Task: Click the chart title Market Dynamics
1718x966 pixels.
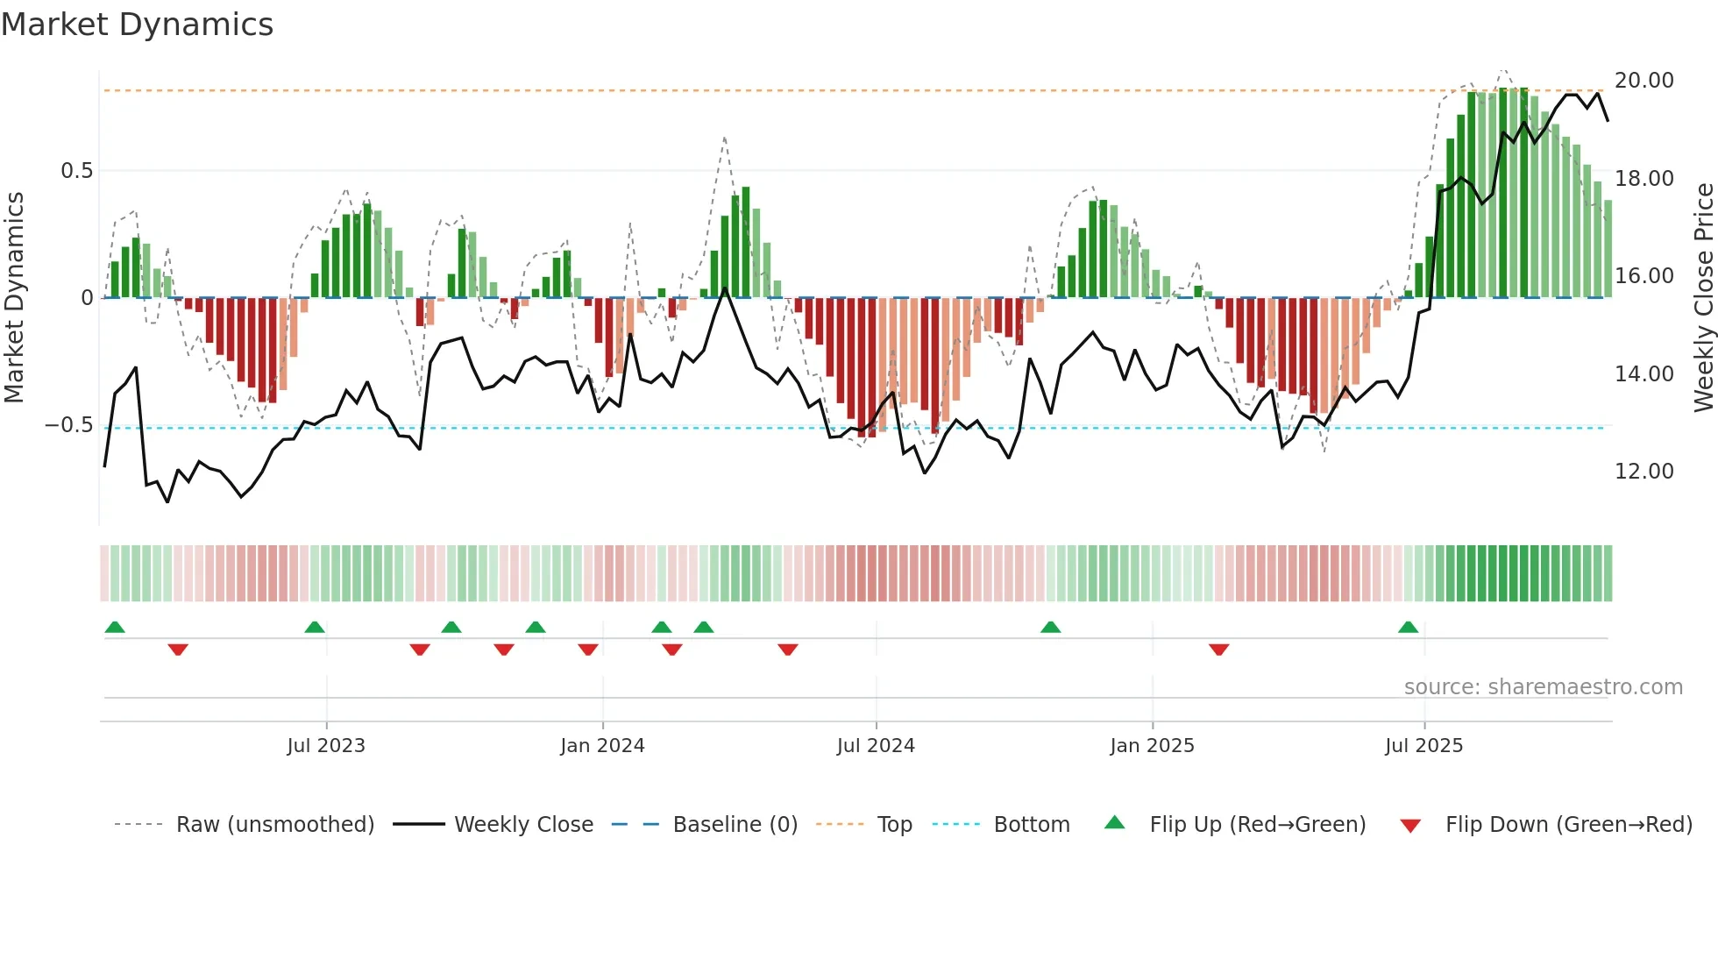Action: coord(137,25)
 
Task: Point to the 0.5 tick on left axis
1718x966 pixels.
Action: coord(76,171)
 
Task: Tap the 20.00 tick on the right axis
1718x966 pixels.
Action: coord(1643,81)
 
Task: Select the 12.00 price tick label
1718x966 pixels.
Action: coord(1643,472)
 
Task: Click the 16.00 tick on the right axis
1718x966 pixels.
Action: coord(1643,276)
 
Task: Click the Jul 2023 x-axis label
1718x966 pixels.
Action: coord(326,746)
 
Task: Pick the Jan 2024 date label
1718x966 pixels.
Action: coord(602,746)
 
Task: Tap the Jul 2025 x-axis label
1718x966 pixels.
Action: coord(1423,746)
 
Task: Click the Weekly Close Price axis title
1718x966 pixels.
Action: coord(1703,298)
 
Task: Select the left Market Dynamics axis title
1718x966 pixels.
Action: coord(14,298)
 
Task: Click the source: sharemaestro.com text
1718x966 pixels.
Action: coord(1543,687)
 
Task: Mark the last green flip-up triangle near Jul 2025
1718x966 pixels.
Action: coord(1408,628)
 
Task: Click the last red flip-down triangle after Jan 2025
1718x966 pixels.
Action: coord(1218,650)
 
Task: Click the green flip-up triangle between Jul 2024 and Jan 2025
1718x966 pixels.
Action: coord(1050,628)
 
